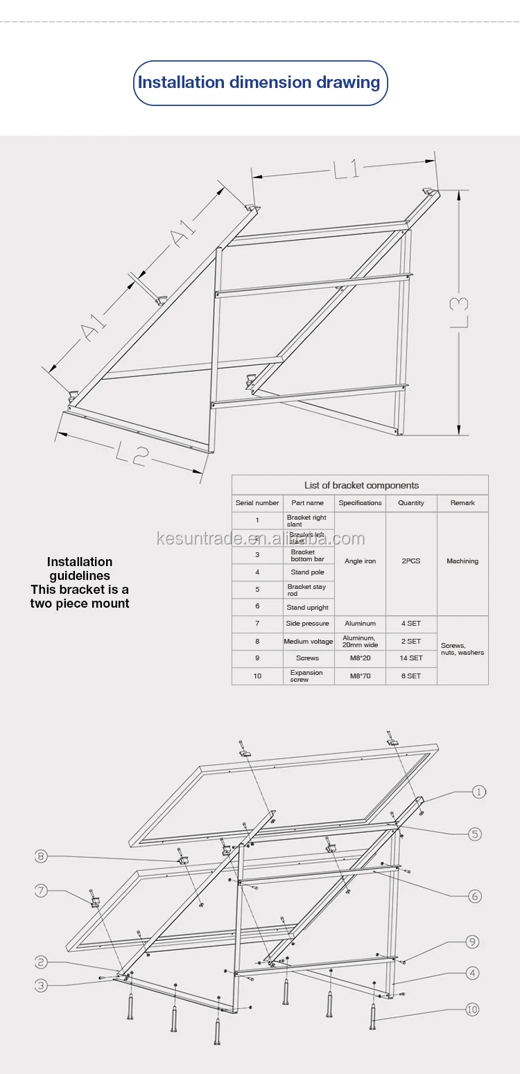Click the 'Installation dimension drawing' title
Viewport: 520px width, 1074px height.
(259, 82)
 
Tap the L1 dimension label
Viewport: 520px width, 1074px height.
(346, 169)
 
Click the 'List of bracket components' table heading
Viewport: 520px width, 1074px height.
(361, 485)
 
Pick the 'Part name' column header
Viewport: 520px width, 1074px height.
(308, 503)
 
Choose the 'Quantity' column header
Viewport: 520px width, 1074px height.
(411, 503)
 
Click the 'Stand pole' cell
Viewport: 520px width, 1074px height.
(308, 572)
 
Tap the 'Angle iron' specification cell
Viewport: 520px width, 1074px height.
(361, 561)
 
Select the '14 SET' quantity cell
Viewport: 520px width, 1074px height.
(411, 658)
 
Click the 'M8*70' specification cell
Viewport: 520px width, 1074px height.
(361, 676)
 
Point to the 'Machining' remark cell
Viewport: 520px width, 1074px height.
(462, 561)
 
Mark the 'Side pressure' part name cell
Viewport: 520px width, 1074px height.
(308, 624)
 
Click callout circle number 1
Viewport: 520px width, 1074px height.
(479, 792)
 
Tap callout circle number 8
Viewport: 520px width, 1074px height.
(42, 856)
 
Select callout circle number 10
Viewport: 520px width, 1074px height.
(473, 1010)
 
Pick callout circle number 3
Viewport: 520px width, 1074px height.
(42, 985)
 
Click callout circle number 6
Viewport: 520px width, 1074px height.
(475, 896)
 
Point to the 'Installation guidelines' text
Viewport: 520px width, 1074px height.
(80, 568)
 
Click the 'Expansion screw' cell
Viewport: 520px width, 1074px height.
(307, 676)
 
